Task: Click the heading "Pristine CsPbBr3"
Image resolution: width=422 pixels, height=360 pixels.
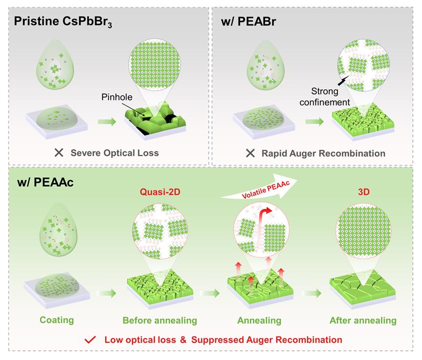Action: coord(63,22)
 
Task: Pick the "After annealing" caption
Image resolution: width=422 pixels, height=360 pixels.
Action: coord(362,320)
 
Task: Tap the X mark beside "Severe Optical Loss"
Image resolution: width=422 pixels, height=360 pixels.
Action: coord(60,153)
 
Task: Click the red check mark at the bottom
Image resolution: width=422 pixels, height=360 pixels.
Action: coord(89,339)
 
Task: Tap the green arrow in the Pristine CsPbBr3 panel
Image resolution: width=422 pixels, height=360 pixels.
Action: coord(107,120)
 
